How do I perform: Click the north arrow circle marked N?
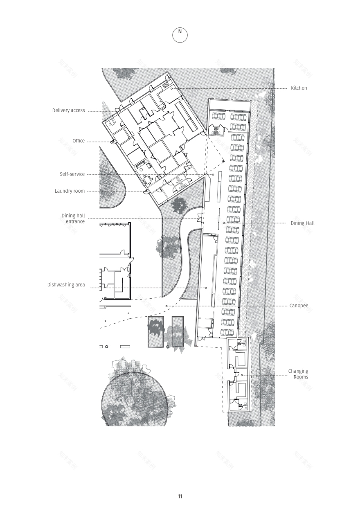click(180, 35)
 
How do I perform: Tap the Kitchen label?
click(299, 88)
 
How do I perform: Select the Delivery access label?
click(69, 110)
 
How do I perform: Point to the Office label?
click(79, 141)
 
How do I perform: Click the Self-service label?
click(72, 174)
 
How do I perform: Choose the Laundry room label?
click(70, 191)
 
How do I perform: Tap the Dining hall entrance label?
click(73, 218)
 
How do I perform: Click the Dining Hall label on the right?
click(303, 223)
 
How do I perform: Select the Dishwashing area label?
click(66, 285)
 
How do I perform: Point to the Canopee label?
click(299, 306)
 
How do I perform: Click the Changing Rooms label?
click(298, 374)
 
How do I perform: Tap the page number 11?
click(180, 497)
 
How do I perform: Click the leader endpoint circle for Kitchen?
click(172, 88)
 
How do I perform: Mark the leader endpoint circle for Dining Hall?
click(225, 223)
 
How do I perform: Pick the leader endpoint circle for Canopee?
click(166, 306)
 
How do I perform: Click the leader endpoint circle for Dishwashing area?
click(206, 288)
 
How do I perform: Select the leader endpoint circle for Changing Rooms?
click(242, 375)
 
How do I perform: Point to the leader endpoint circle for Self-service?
click(213, 174)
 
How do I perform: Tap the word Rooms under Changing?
click(301, 377)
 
